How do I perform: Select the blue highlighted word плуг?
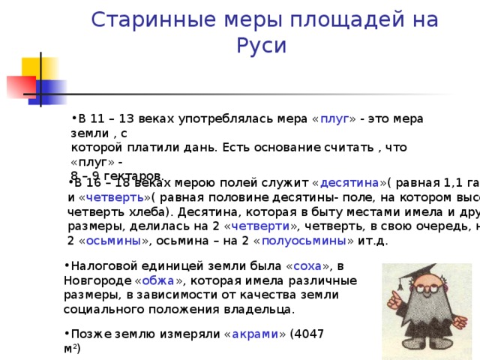pyautogui.click(x=333, y=119)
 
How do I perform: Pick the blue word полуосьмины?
pyautogui.click(x=313, y=241)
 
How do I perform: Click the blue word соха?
pyautogui.click(x=308, y=266)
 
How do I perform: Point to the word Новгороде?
pyautogui.click(x=97, y=280)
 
